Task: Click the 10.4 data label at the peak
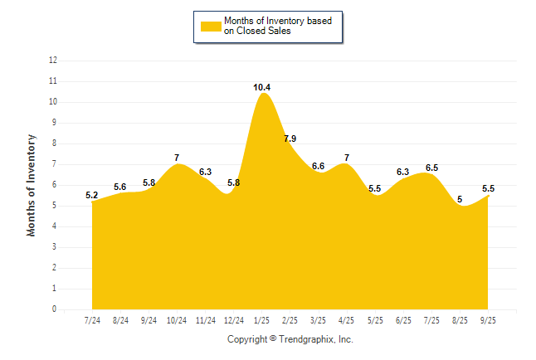(x=262, y=87)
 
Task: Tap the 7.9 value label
(x=290, y=139)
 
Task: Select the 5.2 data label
(x=92, y=195)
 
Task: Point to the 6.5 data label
(x=431, y=168)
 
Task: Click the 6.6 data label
(x=318, y=166)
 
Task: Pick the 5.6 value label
(x=119, y=187)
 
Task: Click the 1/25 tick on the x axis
(x=262, y=320)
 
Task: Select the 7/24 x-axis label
(x=92, y=320)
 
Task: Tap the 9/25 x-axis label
(x=488, y=320)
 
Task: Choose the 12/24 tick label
(x=234, y=320)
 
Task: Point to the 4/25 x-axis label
(x=347, y=320)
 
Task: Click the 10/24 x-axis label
(x=177, y=320)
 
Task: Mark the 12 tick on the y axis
(x=53, y=61)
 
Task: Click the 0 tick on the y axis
(x=55, y=309)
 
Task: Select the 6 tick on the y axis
(x=55, y=185)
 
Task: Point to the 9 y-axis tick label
(x=55, y=123)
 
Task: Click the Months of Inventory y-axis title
(x=32, y=185)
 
